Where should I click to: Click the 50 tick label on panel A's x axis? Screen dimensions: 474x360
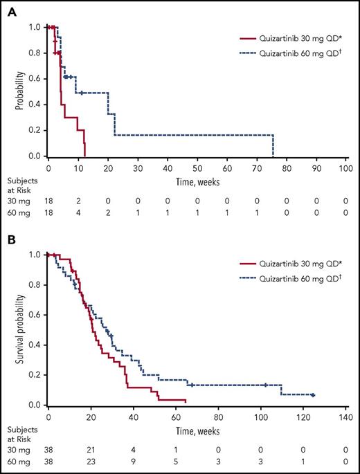(197, 167)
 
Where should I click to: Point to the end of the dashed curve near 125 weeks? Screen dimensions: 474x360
(314, 395)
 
